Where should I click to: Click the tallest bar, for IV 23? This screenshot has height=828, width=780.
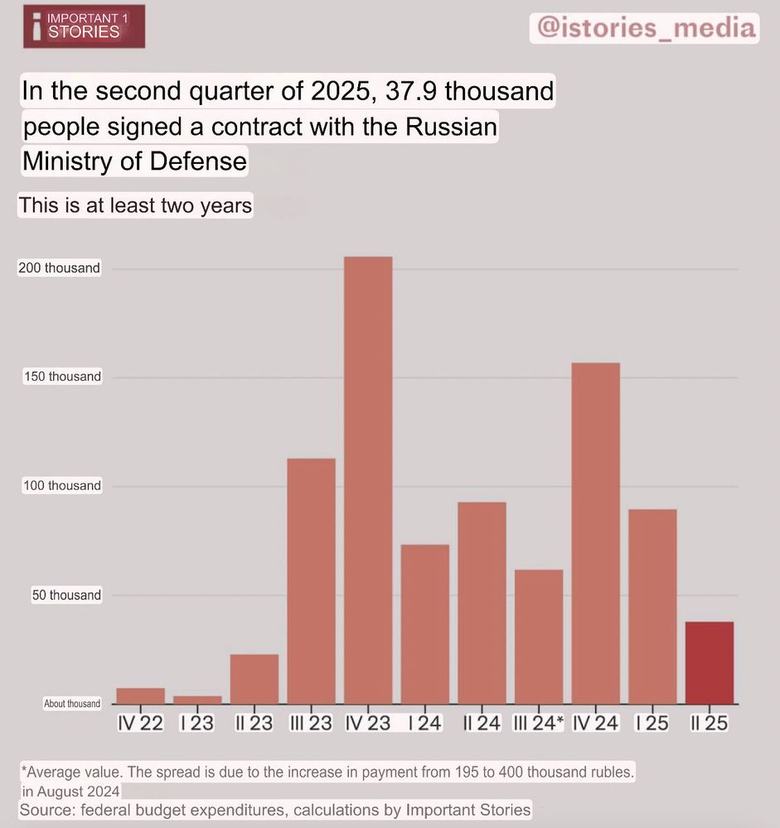[x=368, y=480]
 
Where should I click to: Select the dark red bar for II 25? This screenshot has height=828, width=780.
[x=710, y=662]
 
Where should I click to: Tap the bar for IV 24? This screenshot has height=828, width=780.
[x=595, y=533]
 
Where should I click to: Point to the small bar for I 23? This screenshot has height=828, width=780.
[x=197, y=700]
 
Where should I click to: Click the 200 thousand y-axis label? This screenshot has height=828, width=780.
[x=59, y=268]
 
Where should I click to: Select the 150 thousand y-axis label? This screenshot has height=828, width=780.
[x=62, y=377]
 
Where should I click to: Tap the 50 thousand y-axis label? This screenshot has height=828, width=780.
[x=66, y=595]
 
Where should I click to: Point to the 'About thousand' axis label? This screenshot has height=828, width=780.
[x=72, y=704]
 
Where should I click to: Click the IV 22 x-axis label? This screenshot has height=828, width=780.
[x=140, y=723]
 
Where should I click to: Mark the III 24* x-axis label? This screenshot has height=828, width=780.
[x=538, y=723]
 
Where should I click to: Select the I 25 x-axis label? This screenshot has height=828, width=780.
[x=652, y=723]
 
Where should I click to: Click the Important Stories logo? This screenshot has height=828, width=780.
[x=84, y=26]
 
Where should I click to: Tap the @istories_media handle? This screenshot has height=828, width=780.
[x=646, y=27]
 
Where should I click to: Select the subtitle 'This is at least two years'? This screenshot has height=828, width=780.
[x=135, y=205]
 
